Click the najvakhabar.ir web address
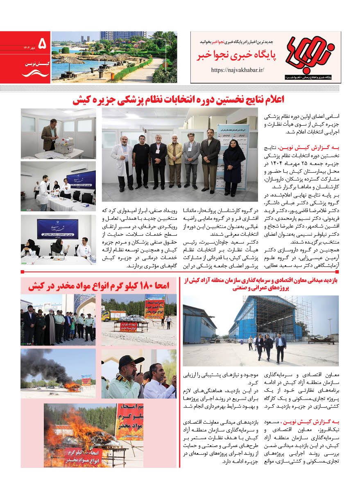(238, 70)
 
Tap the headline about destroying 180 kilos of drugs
(98, 286)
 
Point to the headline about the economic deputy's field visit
(260, 284)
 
